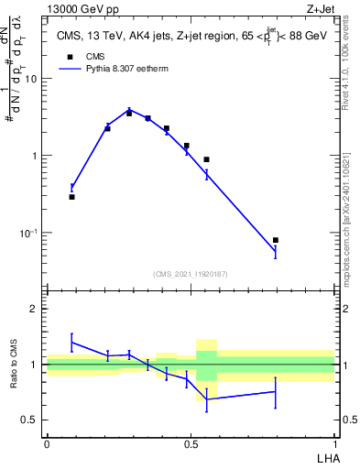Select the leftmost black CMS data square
pos(72,196)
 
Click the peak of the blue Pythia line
pos(130,110)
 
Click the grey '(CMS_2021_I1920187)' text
pos(191,273)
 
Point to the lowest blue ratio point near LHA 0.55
pos(207,399)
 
